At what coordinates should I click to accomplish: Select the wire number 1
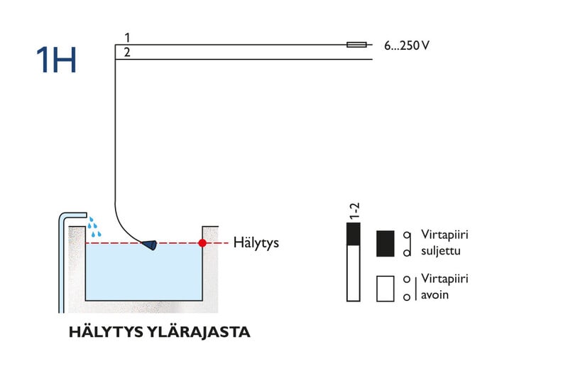click(126, 37)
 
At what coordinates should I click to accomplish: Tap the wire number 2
click(126, 52)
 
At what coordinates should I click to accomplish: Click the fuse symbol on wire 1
click(356, 45)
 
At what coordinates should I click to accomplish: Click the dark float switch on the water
click(150, 245)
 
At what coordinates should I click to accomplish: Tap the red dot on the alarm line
click(202, 243)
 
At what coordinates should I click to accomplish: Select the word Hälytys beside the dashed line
click(256, 243)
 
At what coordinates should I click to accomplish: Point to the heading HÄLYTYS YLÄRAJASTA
click(159, 332)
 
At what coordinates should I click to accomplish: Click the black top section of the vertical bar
click(353, 234)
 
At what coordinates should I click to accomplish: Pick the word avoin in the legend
click(435, 294)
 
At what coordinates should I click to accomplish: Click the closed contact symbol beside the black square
click(407, 244)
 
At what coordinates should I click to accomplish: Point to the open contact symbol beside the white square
click(407, 288)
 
